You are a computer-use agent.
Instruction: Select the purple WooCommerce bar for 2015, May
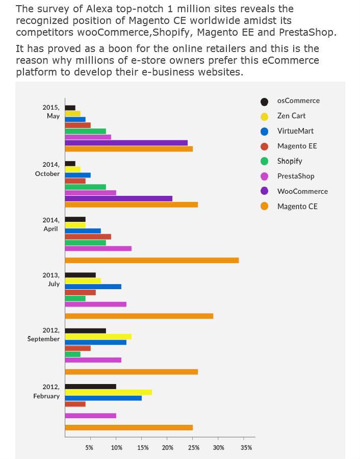(126, 143)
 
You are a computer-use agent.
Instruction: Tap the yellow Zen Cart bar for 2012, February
(108, 392)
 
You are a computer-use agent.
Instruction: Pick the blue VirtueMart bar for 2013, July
(93, 287)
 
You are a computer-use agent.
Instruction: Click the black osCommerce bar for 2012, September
(85, 330)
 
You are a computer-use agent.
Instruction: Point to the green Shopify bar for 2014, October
(85, 187)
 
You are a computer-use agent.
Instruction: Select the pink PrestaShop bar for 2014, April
(98, 248)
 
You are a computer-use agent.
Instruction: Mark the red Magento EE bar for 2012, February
(75, 404)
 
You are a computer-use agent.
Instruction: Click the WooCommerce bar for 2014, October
(118, 198)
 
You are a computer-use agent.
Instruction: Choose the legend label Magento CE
(297, 207)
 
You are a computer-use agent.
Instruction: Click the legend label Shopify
(290, 161)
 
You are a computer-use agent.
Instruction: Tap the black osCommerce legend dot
(264, 101)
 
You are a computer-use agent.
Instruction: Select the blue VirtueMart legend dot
(264, 132)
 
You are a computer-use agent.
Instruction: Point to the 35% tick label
(246, 448)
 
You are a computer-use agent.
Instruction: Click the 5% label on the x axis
(89, 448)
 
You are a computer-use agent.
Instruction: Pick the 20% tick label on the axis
(167, 448)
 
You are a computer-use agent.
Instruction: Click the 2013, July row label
(51, 279)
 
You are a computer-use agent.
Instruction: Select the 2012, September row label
(44, 335)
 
